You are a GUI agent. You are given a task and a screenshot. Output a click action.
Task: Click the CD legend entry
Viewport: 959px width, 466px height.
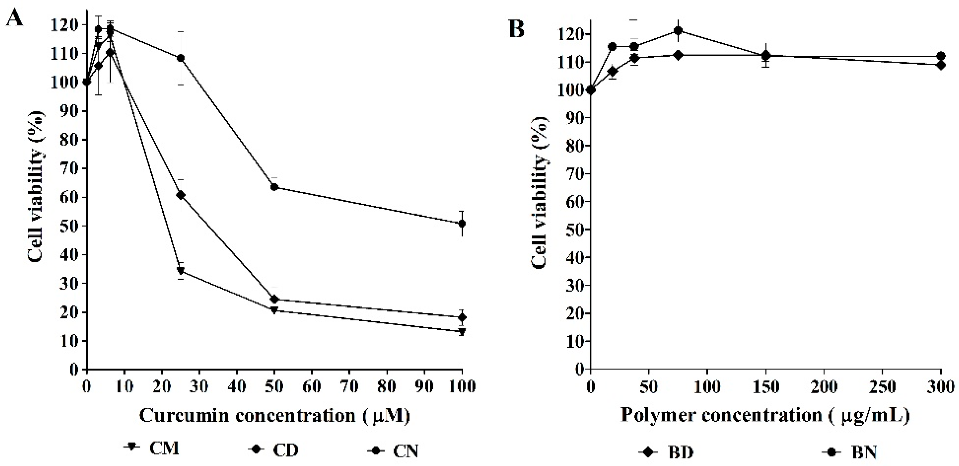point(273,450)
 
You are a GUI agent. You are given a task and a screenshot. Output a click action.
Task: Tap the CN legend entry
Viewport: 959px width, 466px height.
point(393,451)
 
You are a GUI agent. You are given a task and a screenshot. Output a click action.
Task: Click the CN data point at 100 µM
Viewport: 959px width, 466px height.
point(462,224)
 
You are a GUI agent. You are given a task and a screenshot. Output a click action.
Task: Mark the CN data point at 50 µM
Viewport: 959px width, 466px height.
point(274,187)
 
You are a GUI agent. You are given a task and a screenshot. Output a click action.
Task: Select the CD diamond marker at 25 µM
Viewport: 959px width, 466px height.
point(181,195)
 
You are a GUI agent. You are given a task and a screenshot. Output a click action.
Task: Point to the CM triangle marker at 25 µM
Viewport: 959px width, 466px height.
point(181,271)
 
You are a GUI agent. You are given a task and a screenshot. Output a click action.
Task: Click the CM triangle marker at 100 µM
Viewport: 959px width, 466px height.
point(462,331)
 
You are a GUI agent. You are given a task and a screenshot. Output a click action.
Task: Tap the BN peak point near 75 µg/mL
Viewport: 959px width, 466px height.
point(678,30)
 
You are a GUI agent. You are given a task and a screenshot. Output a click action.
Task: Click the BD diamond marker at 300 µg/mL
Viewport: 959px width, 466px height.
point(941,65)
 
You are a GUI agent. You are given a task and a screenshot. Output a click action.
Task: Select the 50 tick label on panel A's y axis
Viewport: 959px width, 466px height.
point(69,226)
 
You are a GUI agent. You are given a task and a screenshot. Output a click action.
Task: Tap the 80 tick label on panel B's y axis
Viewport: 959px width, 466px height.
point(573,145)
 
